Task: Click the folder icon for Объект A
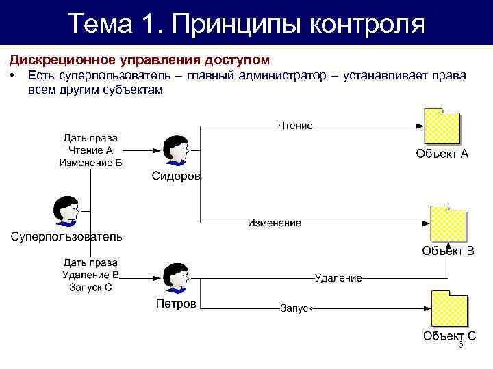(x=442, y=126)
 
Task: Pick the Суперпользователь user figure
(x=66, y=211)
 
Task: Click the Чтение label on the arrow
(x=295, y=126)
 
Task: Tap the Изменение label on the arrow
(x=274, y=223)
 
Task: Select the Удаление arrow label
(x=338, y=277)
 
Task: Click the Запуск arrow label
(x=296, y=308)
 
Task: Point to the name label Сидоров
(x=176, y=176)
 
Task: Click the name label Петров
(x=176, y=303)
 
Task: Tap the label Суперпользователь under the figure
(x=66, y=237)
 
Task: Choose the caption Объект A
(x=442, y=154)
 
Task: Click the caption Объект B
(x=448, y=251)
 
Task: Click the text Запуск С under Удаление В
(x=90, y=287)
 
